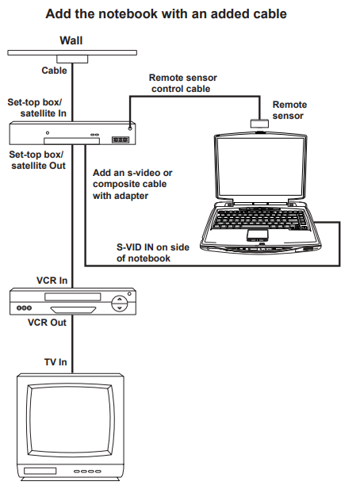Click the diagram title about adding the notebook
pyautogui.click(x=166, y=14)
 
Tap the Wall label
pyautogui.click(x=71, y=40)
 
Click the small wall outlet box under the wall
pyautogui.click(x=72, y=59)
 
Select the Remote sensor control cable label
pyautogui.click(x=182, y=83)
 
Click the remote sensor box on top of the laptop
pyautogui.click(x=259, y=124)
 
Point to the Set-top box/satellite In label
pyautogui.click(x=36, y=108)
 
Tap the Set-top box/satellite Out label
pyautogui.click(x=37, y=160)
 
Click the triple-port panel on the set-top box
pyautogui.click(x=121, y=139)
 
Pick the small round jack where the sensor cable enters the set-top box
pyautogui.click(x=130, y=128)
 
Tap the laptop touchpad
pyautogui.click(x=258, y=235)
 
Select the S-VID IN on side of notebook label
pyautogui.click(x=153, y=253)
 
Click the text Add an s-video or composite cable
pyautogui.click(x=132, y=178)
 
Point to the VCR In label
pyautogui.click(x=52, y=281)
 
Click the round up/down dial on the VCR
pyautogui.click(x=120, y=304)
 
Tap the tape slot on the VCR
pyautogui.click(x=73, y=296)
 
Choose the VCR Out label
pyautogui.click(x=47, y=323)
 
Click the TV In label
pyautogui.click(x=56, y=362)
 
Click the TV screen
pyautogui.click(x=71, y=420)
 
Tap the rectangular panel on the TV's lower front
pyautogui.click(x=40, y=471)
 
